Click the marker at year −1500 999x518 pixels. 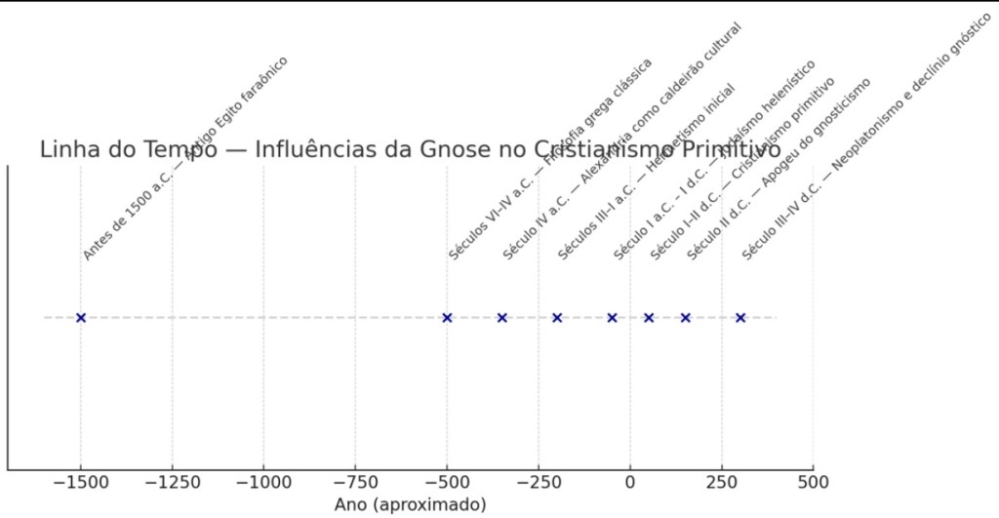[81, 317]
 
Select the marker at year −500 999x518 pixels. [447, 317]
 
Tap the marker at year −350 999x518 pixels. [502, 317]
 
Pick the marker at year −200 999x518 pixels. [557, 317]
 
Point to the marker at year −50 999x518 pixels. [612, 317]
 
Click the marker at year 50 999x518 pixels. [649, 317]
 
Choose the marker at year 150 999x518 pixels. [686, 317]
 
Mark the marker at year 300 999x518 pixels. [740, 317]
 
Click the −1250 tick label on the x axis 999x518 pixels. [172, 482]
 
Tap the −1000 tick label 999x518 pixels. [263, 482]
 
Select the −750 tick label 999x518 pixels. [355, 482]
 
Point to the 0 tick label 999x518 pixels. [630, 482]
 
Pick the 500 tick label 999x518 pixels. [813, 482]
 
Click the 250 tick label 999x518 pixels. [722, 482]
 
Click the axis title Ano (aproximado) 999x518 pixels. [410, 504]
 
